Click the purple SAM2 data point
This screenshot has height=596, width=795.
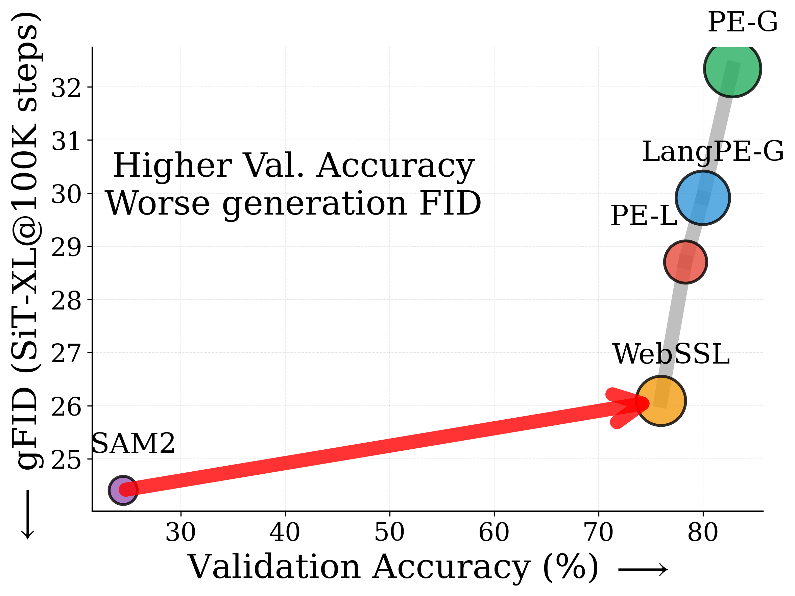pos(123,490)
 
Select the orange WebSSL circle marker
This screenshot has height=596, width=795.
pos(660,401)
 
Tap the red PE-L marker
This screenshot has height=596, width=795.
pos(685,262)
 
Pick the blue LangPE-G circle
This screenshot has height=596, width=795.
pos(702,198)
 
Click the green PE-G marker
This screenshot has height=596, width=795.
pos(732,68)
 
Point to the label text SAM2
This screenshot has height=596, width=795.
pos(133,443)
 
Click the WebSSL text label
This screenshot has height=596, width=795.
pos(671,354)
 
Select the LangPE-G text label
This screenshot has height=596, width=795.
pos(713,152)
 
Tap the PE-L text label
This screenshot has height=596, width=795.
pos(644,216)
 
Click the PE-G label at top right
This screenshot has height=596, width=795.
pos(743,22)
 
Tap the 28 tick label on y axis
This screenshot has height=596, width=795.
pos(67,301)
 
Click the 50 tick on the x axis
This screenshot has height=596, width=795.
pos(390,532)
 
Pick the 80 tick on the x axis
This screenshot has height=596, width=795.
pos(703,532)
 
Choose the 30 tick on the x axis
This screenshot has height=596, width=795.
pos(180,532)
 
